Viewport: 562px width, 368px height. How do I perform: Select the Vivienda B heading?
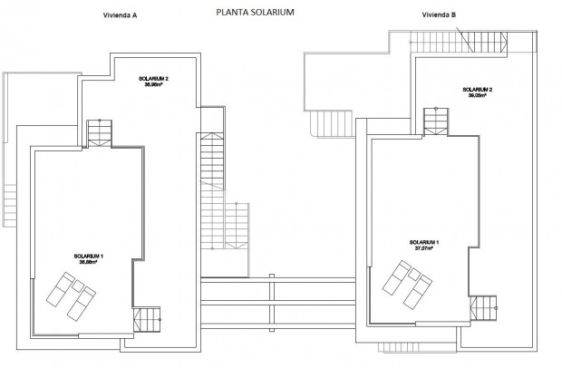click(x=439, y=15)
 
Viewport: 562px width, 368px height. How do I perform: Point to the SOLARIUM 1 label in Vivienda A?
click(x=90, y=257)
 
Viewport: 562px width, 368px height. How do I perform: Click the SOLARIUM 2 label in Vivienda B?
click(x=477, y=90)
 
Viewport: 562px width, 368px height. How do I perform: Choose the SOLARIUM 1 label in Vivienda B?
click(x=423, y=243)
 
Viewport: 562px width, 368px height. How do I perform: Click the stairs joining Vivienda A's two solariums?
click(x=99, y=132)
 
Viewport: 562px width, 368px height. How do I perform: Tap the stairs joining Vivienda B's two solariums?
click(x=436, y=120)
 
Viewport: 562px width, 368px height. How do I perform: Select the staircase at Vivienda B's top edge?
click(x=435, y=40)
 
